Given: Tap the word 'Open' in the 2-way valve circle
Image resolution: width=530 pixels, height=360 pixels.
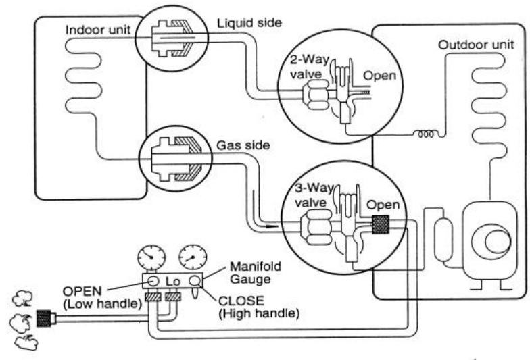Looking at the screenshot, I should (379, 76).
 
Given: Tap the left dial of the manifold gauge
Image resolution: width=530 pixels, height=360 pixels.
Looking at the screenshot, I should (152, 258).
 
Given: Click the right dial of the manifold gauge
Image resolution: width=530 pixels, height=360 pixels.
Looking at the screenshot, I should (193, 258).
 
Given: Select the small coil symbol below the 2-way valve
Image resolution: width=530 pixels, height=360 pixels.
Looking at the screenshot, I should (427, 134).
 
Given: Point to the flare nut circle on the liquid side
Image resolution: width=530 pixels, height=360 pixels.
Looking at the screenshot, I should (167, 40).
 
